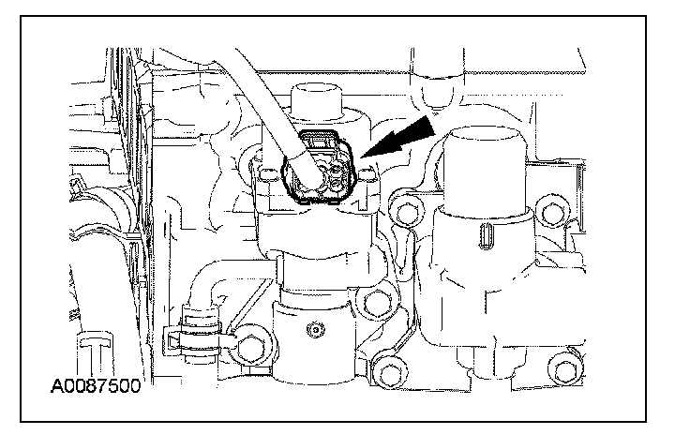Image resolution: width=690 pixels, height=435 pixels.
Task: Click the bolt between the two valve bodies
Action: (x=379, y=302)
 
